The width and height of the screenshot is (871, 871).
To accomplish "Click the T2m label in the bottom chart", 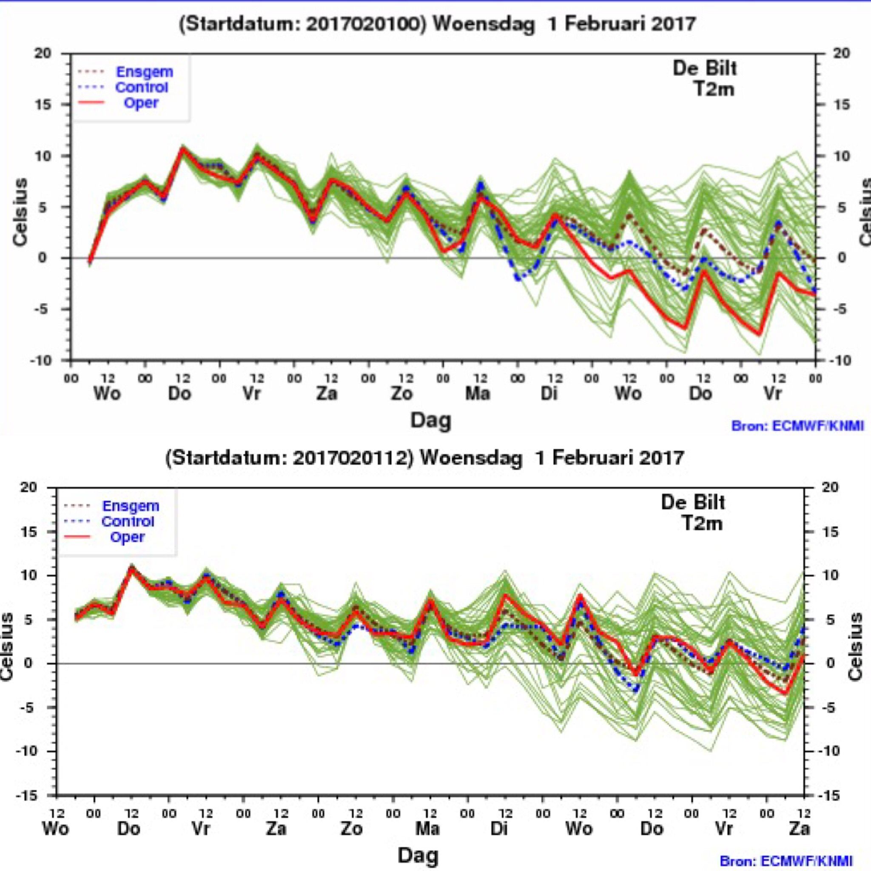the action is tap(701, 524).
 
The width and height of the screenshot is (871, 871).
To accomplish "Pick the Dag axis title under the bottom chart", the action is tap(418, 855).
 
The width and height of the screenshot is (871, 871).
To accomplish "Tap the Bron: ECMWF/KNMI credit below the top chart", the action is tap(797, 426).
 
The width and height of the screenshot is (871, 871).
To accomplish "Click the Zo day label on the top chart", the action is tap(401, 393).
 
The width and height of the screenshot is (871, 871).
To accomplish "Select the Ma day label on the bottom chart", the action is tap(427, 828).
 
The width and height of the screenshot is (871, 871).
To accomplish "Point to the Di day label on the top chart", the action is tap(549, 393).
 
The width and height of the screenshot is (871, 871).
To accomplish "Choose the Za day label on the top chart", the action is tap(326, 393).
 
